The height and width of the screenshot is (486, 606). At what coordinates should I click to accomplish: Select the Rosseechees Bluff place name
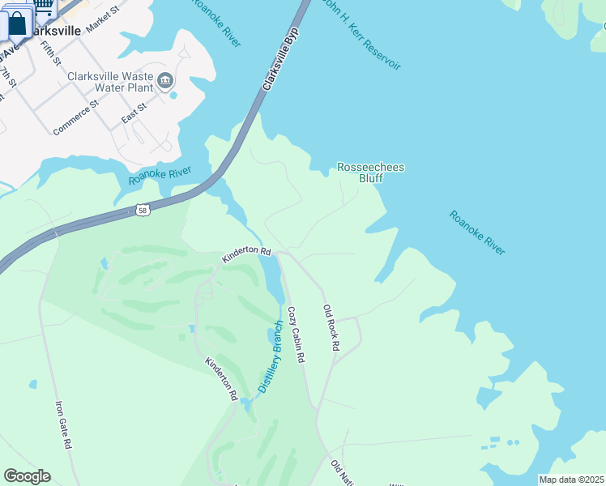tap(370, 173)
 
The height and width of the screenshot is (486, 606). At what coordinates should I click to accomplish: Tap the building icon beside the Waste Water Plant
tap(166, 79)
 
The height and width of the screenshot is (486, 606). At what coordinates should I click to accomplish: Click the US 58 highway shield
tap(143, 210)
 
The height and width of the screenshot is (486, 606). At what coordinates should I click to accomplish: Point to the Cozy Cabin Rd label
tap(296, 334)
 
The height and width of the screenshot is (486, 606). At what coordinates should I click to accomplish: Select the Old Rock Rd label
tap(331, 327)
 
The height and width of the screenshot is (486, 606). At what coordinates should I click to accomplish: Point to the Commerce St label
tap(75, 117)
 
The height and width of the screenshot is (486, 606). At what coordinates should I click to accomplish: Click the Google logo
tap(27, 476)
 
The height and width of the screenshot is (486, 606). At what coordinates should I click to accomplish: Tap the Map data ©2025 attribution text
tap(570, 480)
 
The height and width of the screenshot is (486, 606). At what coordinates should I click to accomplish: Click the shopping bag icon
tap(17, 23)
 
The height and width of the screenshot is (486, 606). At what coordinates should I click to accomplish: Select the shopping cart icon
tap(45, 6)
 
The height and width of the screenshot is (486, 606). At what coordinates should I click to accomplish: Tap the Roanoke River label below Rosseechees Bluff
tap(477, 233)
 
